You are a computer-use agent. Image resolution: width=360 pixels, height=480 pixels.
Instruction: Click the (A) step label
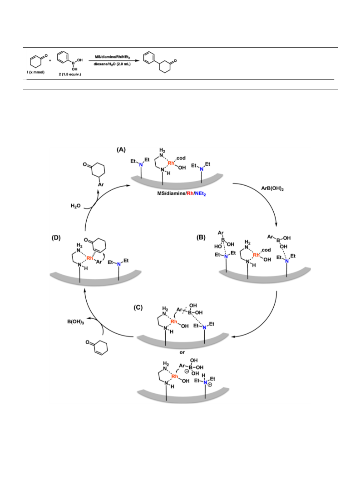(121, 150)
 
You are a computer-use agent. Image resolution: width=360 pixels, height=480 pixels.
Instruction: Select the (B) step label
(201, 237)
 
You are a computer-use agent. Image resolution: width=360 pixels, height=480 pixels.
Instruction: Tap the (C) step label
(138, 307)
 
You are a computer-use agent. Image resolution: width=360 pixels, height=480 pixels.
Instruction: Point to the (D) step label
(56, 237)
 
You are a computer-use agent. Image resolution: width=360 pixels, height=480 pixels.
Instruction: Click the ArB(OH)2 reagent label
(272, 188)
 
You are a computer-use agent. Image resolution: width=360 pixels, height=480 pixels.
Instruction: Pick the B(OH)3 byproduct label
(76, 322)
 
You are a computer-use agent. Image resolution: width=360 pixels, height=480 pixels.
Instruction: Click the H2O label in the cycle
(76, 206)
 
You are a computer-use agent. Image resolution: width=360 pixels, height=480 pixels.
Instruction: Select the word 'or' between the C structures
(182, 352)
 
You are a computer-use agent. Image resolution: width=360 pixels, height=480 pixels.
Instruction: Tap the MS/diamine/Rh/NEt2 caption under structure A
(182, 194)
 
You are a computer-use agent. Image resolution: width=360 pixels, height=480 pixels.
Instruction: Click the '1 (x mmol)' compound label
(35, 72)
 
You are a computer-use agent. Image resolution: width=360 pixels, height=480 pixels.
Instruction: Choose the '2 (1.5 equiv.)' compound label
(70, 74)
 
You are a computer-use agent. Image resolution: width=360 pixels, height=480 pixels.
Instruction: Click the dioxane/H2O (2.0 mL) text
(112, 64)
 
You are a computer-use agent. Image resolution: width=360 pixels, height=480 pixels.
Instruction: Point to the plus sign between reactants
(50, 60)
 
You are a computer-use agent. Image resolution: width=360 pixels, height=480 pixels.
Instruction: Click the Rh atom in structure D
(90, 258)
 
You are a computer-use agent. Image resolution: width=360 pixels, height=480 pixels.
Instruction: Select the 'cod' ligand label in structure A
(181, 158)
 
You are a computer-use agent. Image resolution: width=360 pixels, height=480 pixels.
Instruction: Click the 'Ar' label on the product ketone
(101, 184)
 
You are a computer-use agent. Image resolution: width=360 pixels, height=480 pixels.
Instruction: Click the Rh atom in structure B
(256, 255)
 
